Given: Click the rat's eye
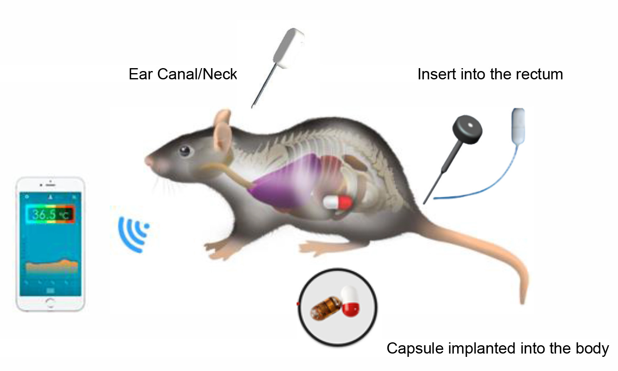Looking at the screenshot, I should click(185, 150).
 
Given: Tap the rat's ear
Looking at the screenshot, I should click(222, 132).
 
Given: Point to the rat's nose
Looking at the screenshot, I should click(148, 160).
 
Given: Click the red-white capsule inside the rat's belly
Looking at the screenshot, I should click(338, 202).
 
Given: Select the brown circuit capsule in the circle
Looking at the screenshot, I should click(325, 308).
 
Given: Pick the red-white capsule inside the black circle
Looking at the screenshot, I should click(350, 301).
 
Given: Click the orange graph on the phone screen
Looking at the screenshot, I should click(52, 265).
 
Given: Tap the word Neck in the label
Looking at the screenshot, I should click(220, 74).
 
